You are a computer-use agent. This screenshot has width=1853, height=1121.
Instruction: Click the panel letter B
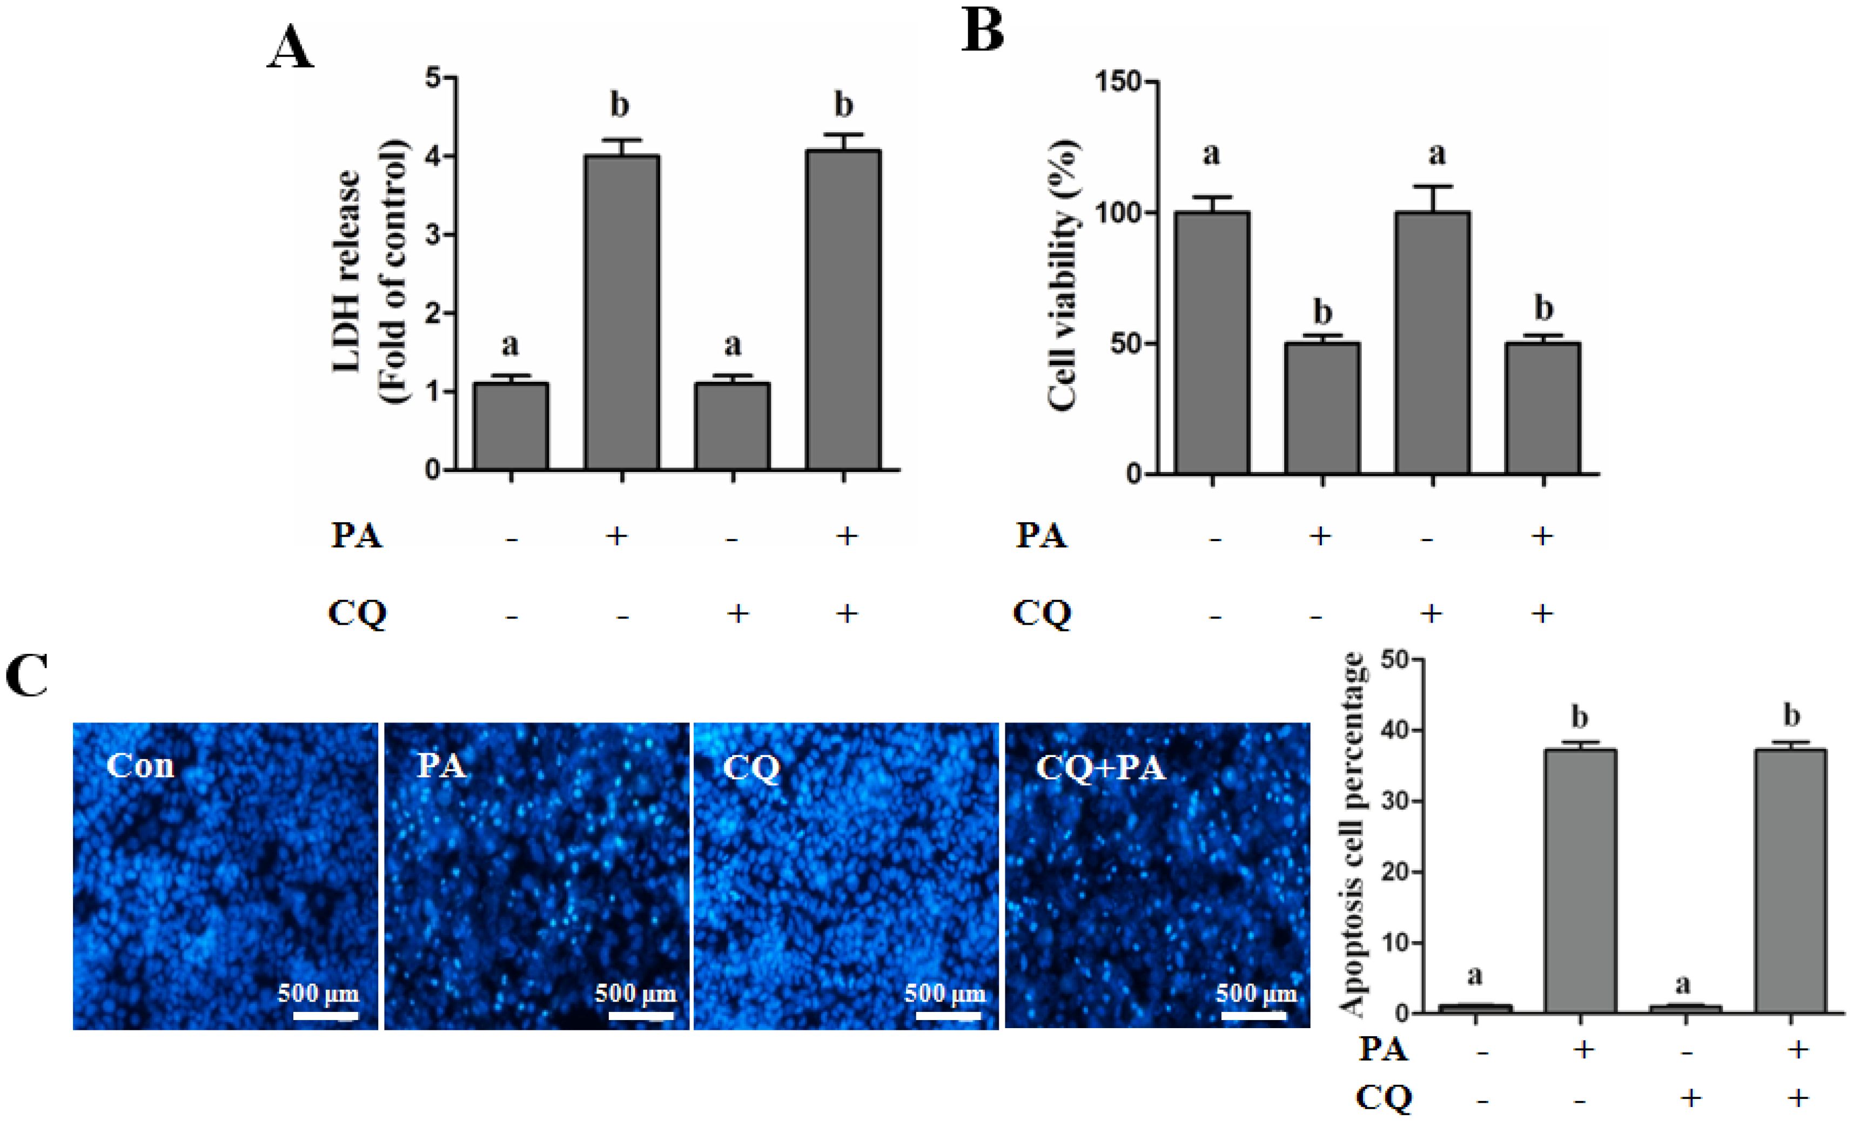[x=982, y=31]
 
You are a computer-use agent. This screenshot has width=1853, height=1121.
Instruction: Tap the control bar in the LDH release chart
[x=511, y=426]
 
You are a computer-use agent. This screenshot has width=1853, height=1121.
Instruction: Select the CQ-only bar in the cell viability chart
[x=1432, y=342]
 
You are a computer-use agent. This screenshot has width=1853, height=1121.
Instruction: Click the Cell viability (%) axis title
[x=1062, y=275]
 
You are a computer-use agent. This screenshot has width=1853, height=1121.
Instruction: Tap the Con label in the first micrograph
[x=140, y=766]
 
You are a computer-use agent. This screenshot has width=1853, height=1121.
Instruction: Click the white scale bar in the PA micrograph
[x=641, y=1016]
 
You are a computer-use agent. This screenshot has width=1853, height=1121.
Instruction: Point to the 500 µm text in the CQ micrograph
[x=944, y=994]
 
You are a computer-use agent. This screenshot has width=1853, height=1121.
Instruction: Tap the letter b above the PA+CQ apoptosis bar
[x=1791, y=715]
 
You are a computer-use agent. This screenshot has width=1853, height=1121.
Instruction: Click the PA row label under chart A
[x=357, y=535]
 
